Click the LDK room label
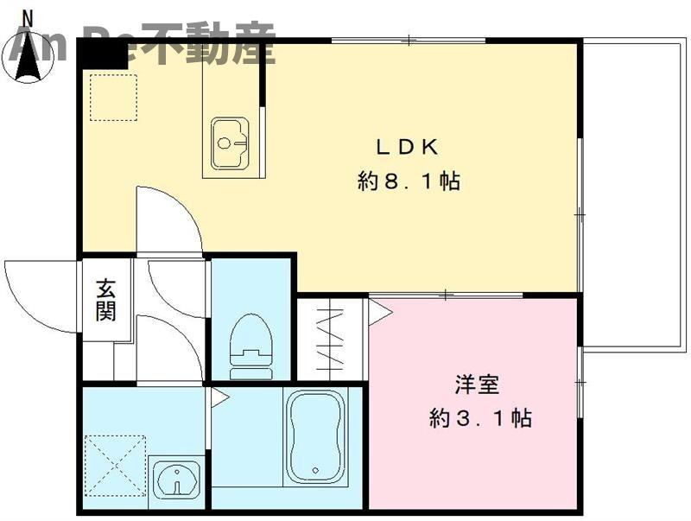coord(409,146)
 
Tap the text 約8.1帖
coord(409,182)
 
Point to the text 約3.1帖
coord(479,420)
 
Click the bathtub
coord(315,435)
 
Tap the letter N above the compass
coord(28,15)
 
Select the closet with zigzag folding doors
coord(332,339)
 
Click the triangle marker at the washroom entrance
coord(219,398)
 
